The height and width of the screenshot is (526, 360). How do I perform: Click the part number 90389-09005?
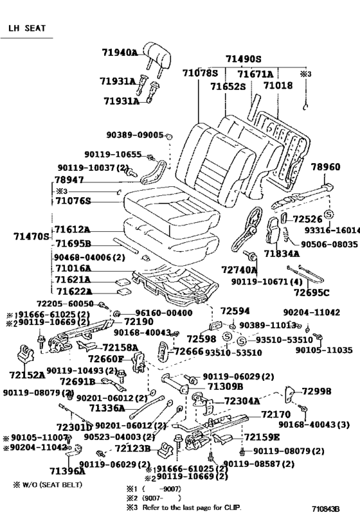136,136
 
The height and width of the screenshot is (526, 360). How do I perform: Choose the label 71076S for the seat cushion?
73,201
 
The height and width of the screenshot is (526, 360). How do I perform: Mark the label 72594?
235,311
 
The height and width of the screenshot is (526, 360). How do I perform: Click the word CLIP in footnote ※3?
233,507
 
